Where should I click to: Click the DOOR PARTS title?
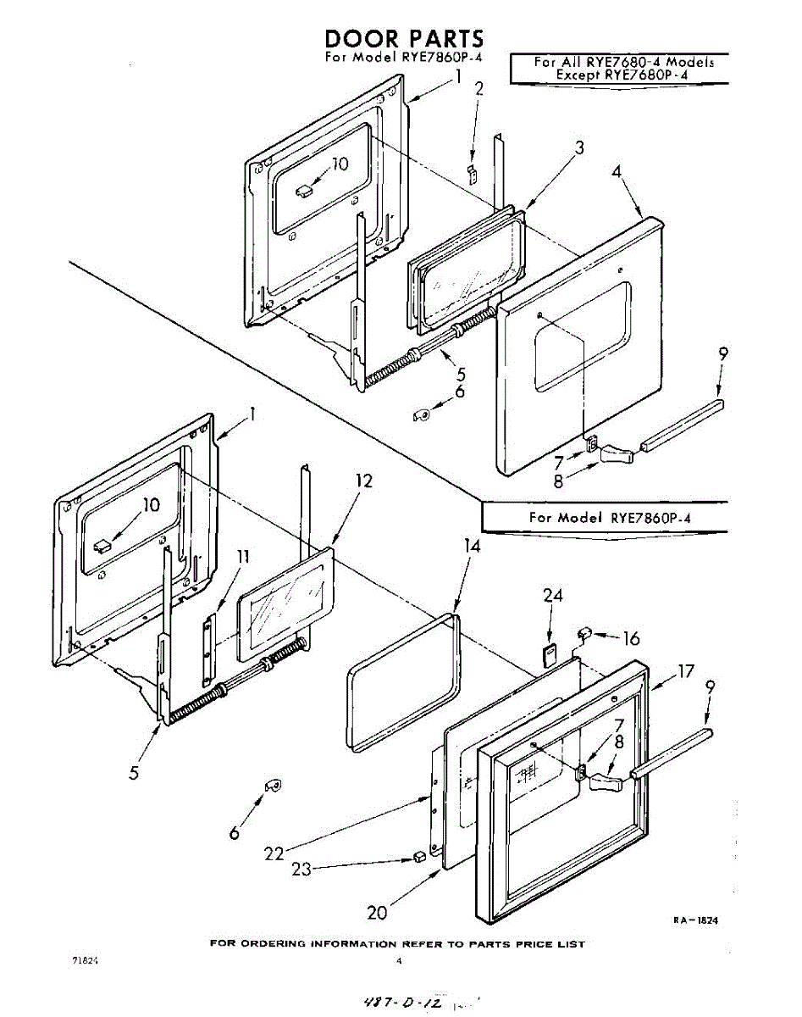pos(405,39)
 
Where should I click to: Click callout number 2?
pos(479,89)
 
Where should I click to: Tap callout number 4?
pos(617,171)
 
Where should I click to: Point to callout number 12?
pos(362,481)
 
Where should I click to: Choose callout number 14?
pos(472,547)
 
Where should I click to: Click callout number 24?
pos(553,597)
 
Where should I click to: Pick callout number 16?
pos(631,639)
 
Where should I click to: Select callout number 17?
pos(684,672)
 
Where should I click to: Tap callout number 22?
pos(273,853)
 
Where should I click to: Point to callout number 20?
pos(377,913)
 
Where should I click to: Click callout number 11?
pos(243,557)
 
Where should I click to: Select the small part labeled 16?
pos(584,631)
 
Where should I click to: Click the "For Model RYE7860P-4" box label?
pos(615,517)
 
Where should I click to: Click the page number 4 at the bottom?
pos(398,961)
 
